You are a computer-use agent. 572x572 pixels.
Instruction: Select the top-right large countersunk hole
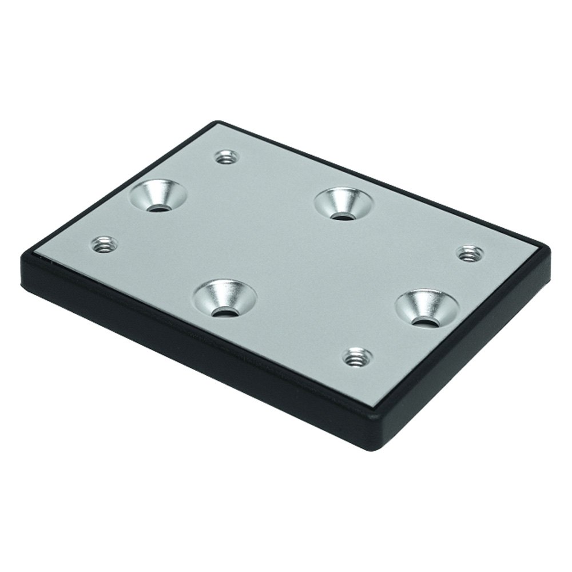point(344,202)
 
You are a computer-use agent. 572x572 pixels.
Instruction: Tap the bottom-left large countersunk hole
point(225,299)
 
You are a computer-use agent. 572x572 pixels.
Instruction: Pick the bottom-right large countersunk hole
point(427,309)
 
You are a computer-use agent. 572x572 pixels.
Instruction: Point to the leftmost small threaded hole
point(105,245)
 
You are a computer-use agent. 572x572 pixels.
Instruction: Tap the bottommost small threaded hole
point(357,357)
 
